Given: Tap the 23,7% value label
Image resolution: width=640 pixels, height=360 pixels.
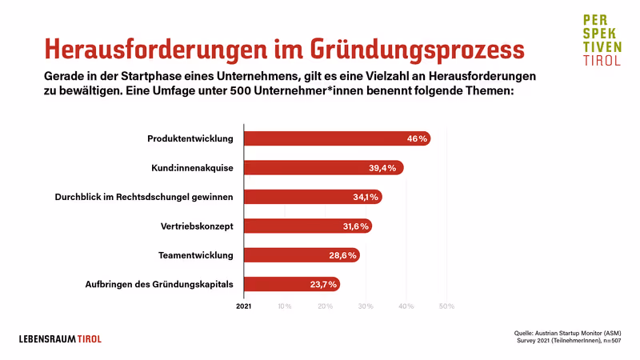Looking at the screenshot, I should tap(323, 284).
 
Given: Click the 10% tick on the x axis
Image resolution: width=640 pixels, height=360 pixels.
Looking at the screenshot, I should tap(284, 306).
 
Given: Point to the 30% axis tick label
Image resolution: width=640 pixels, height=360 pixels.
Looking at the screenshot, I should tap(366, 306).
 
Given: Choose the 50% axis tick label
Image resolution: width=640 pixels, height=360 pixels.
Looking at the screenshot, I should tap(446, 306).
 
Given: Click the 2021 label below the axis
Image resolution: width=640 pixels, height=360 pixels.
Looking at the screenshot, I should tap(243, 306).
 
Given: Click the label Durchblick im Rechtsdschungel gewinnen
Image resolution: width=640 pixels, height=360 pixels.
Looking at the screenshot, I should tap(144, 197).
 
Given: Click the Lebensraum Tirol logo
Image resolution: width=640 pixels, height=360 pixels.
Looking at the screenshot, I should tap(61, 338).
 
